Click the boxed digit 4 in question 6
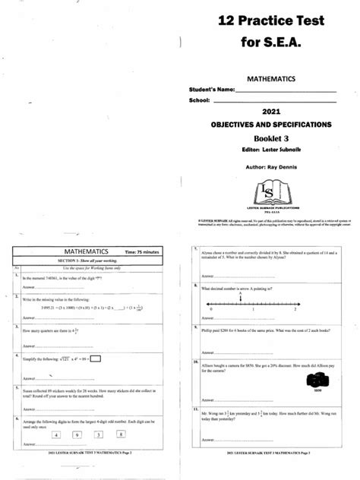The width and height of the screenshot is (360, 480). pos(56,435)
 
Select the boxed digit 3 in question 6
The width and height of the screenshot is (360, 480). pos(99,435)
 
